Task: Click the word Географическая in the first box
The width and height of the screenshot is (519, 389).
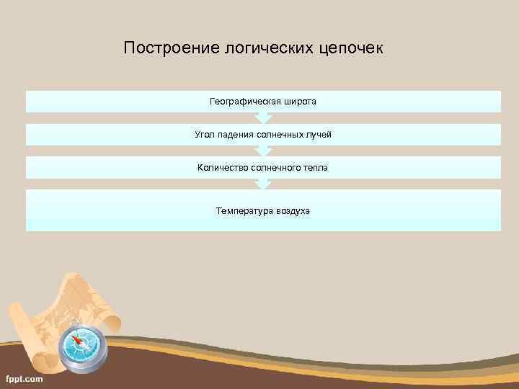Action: pos(244,102)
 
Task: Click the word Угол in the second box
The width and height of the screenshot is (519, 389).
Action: pos(205,135)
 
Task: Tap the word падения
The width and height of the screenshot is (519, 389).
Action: pos(236,135)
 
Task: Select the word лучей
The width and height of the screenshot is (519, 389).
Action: pos(319,135)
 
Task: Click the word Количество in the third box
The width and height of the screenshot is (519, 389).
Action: pos(223,168)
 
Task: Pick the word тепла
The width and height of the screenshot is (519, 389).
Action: pos(315,168)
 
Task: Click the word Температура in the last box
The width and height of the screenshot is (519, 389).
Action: pos(243,211)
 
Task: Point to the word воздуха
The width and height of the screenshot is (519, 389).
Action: pos(292,211)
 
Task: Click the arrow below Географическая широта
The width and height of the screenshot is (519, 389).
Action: pos(263,118)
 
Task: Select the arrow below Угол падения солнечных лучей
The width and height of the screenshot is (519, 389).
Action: pos(263,151)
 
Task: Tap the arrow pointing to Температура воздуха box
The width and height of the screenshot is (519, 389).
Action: pos(263,184)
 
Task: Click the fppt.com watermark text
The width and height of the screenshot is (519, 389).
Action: pos(25,378)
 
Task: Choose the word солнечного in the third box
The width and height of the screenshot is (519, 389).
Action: pos(277,168)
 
